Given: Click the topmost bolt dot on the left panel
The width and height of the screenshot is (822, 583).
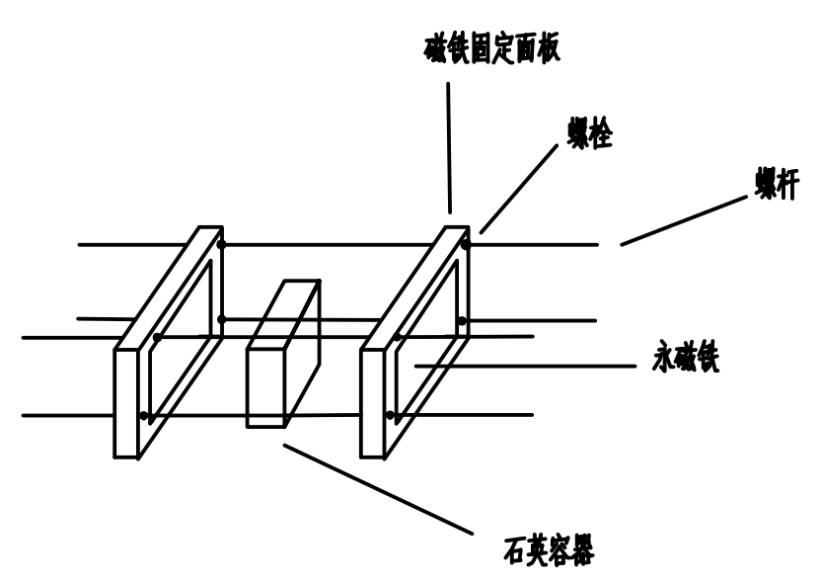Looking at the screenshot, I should point(221,242).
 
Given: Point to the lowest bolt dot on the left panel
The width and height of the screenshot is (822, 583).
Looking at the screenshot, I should point(146,415).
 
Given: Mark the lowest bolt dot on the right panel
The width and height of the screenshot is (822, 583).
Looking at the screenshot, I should point(392,413).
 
